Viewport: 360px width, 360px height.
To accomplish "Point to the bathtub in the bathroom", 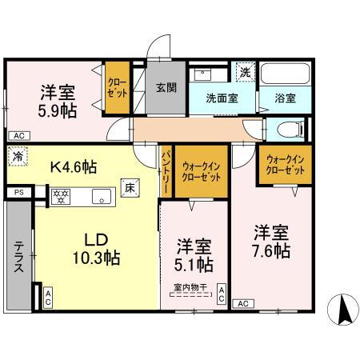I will pos(286,76).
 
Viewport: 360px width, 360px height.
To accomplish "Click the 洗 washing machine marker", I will pos(246,71).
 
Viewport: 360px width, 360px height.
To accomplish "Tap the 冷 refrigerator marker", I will pos(17,157).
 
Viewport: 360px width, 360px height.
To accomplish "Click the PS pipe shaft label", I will pos(19,193).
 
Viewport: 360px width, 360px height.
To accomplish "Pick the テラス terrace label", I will pos(18,258).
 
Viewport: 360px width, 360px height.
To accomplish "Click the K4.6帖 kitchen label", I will pos(74,168).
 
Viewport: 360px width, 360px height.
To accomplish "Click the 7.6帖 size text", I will pos(269,250).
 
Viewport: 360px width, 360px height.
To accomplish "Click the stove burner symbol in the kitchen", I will pos(61,194).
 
